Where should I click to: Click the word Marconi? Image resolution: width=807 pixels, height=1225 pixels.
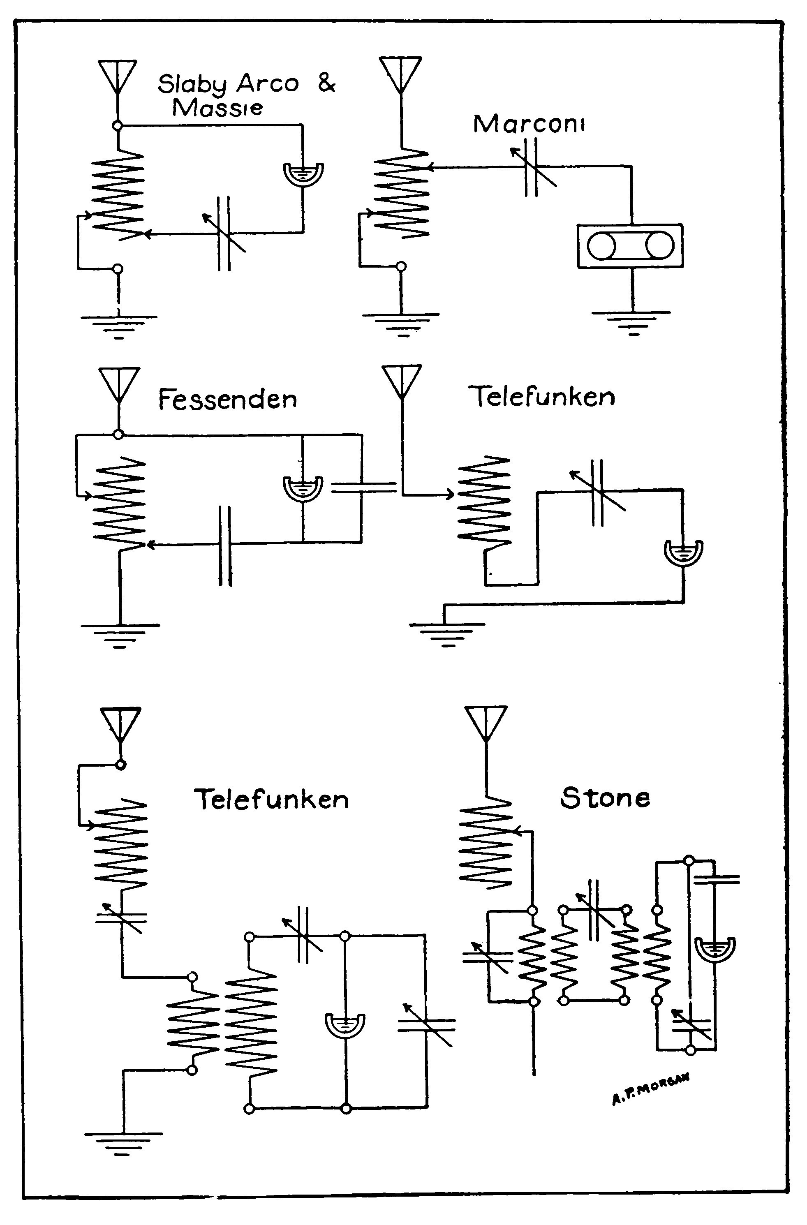click(529, 124)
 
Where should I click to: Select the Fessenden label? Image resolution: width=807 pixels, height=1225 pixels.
click(227, 400)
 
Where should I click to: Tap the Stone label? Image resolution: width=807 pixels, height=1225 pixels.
click(605, 798)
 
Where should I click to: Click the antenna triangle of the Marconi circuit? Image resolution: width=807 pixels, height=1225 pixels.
click(400, 73)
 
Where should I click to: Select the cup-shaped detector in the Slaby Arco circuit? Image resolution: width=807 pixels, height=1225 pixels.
click(304, 174)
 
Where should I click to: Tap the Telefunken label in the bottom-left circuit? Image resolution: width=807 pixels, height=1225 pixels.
click(271, 800)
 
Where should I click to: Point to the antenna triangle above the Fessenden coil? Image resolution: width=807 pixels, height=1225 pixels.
click(119, 384)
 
